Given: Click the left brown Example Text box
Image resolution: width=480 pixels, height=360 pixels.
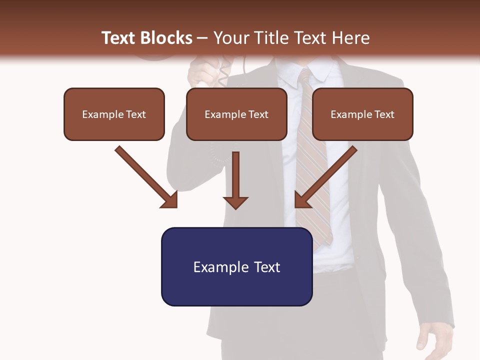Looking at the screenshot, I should tap(114, 114).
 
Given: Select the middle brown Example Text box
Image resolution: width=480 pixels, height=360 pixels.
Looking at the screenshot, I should tap(236, 114).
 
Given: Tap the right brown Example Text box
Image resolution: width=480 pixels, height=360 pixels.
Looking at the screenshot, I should tap(362, 114).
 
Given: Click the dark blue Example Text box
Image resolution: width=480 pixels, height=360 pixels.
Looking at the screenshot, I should tap(236, 266).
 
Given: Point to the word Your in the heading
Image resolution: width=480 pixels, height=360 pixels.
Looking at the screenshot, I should tap(230, 38).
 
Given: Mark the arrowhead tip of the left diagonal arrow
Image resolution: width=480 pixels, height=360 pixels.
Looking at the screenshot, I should tap(176, 206).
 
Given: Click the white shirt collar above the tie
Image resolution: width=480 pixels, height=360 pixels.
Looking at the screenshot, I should tap(320, 73).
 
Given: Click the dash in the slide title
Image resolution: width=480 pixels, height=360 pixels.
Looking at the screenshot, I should tap(202, 38).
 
